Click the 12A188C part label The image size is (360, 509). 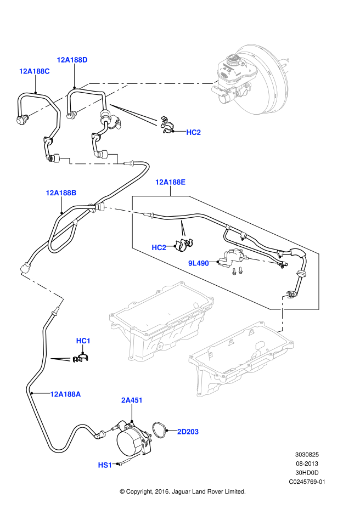point(34,71)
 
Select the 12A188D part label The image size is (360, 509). point(72,60)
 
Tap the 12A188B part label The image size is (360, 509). point(61,193)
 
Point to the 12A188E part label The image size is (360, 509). point(170,182)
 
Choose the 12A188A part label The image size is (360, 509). point(65,394)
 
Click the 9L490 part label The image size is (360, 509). point(199,263)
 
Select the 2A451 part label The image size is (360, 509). point(132,400)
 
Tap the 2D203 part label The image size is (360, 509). point(188,432)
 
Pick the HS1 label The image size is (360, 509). point(105,465)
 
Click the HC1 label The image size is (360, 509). point(83,341)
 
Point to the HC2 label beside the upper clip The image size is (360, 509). point(193,132)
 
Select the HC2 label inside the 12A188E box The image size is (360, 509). point(159,248)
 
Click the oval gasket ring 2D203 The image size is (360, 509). point(160,431)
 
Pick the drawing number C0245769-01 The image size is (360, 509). point(307,482)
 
